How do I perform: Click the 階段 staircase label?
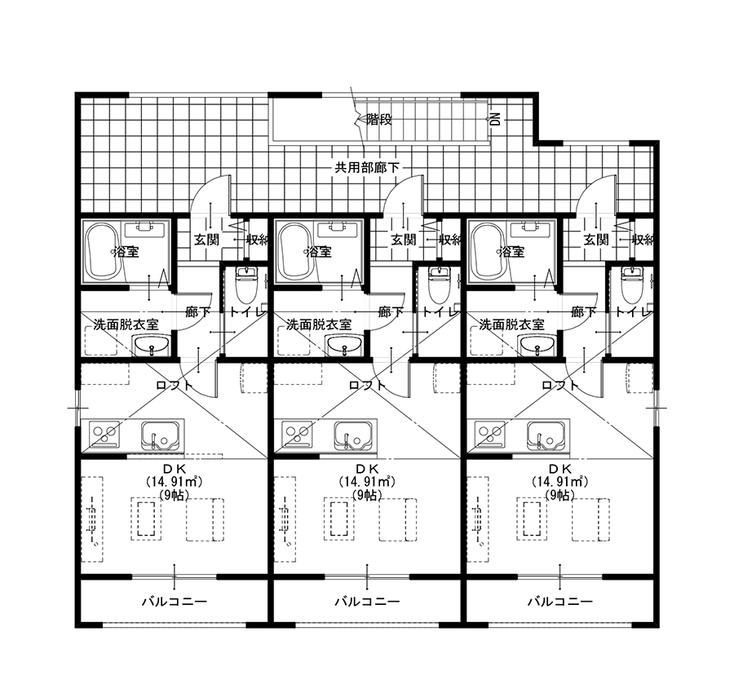tap(378, 120)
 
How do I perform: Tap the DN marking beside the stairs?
tap(495, 119)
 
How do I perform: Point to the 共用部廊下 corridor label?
tap(367, 167)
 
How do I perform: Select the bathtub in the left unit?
tap(104, 251)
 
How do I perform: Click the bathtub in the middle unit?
tap(296, 251)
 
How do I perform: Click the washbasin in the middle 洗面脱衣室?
tap(345, 347)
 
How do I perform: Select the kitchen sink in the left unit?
tap(160, 435)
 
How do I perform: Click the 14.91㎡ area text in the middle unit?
tap(367, 481)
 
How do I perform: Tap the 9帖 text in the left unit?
tap(174, 495)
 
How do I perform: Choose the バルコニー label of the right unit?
tap(559, 602)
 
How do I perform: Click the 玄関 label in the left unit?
tap(206, 240)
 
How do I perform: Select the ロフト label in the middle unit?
tap(368, 386)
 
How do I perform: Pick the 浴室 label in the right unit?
tap(512, 252)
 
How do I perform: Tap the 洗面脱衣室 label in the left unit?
tap(126, 324)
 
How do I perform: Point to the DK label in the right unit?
tap(559, 469)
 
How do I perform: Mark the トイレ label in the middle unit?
tap(438, 311)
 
